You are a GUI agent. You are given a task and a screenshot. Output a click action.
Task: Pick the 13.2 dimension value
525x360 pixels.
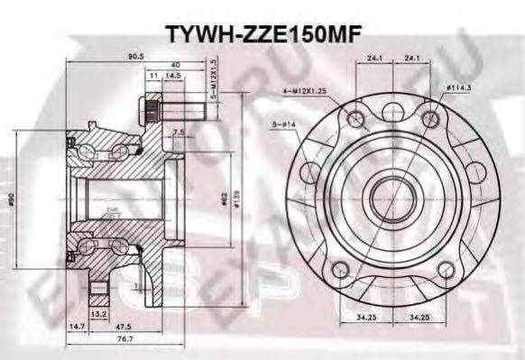coord(100,314)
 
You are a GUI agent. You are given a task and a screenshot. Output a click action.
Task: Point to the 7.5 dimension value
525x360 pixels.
coord(179,133)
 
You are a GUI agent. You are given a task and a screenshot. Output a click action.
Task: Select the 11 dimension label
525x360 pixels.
coord(154,77)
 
